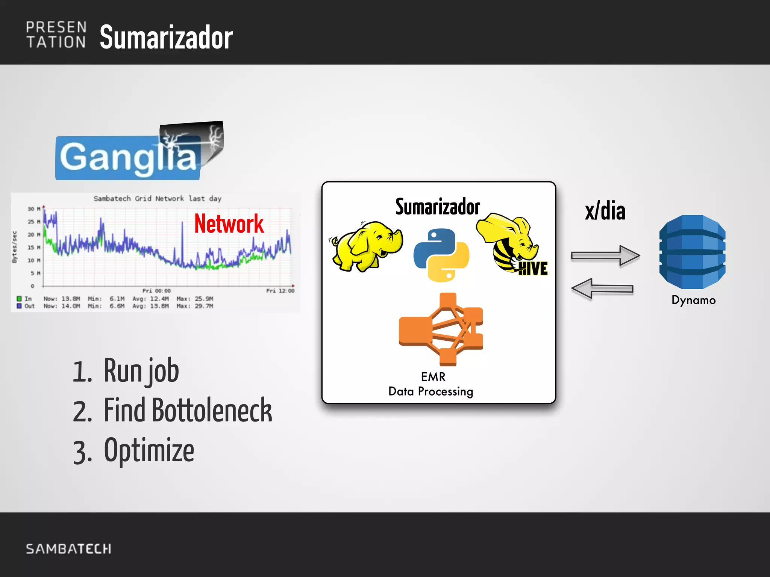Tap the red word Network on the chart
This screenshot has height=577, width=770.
point(229,224)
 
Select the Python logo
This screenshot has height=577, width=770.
point(441,255)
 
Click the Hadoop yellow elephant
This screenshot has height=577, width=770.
point(367,246)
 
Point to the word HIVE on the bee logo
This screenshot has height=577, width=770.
point(533,269)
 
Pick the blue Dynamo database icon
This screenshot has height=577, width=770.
point(692,252)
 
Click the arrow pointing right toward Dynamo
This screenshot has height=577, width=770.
point(605,255)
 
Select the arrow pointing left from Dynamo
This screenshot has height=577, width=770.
point(602,288)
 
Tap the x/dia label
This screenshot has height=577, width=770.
point(605,211)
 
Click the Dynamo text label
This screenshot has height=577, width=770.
point(693,300)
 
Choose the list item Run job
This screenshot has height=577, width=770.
point(141,371)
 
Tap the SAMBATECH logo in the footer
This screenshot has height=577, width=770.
point(68,549)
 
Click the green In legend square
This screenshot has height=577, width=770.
point(19,299)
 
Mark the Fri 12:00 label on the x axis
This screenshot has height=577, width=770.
point(280,291)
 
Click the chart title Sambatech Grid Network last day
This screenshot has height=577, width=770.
point(157,198)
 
